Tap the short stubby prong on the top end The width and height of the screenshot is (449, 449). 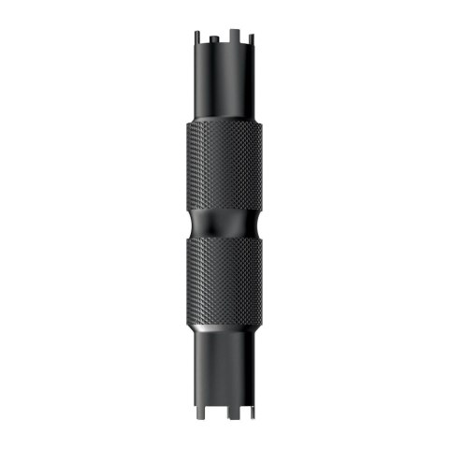[214, 38]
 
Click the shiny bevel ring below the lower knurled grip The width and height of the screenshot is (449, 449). [224, 330]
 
